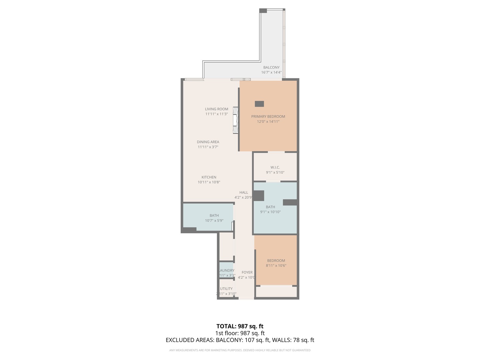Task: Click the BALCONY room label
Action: point(271,67)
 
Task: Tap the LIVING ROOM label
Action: point(216,109)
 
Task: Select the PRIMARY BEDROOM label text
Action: point(268,117)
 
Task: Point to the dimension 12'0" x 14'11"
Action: point(268,122)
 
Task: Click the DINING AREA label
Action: point(208,142)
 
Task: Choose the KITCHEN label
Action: point(209,177)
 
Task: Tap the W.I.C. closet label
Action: point(275,167)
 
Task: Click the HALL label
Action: point(244,192)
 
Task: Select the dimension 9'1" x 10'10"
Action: point(270,212)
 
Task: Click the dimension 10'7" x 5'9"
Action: point(214,221)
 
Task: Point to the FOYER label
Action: point(247,272)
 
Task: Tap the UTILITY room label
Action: point(226,289)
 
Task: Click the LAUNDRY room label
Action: point(227,271)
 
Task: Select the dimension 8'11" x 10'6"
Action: point(276,266)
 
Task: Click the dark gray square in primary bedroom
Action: point(259,104)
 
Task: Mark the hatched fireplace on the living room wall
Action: point(236,120)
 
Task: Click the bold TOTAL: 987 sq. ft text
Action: point(240,326)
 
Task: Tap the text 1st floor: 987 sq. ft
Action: point(240,333)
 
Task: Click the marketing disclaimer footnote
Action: point(240,350)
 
